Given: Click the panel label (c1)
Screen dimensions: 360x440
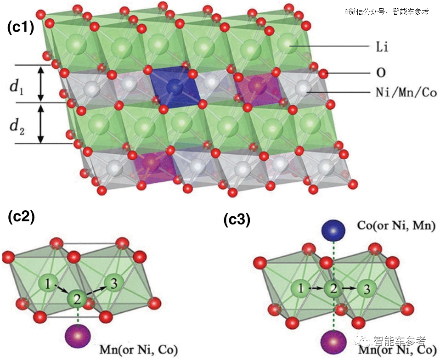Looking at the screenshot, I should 21,28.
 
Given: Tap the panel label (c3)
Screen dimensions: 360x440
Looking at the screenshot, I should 237,220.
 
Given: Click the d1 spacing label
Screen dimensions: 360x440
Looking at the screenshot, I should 18,84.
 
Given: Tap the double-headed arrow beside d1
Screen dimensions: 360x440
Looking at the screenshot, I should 41,84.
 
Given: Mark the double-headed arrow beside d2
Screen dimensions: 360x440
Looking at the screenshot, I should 41,124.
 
